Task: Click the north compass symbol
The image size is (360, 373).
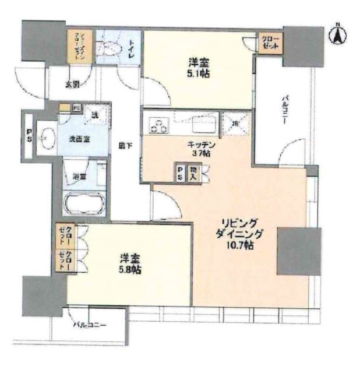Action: tap(337, 33)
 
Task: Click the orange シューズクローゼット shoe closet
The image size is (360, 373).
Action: tap(80, 48)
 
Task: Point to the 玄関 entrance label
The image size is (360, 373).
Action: tap(72, 85)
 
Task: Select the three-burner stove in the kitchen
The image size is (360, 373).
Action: tap(158, 124)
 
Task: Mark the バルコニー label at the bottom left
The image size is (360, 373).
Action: tap(89, 325)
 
